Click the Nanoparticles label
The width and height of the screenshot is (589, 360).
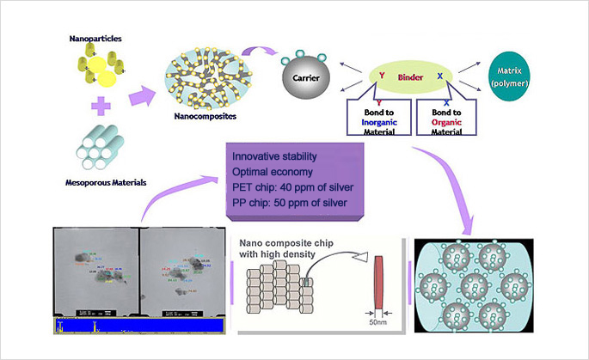click(95, 39)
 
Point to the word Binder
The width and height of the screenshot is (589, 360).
click(409, 77)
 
